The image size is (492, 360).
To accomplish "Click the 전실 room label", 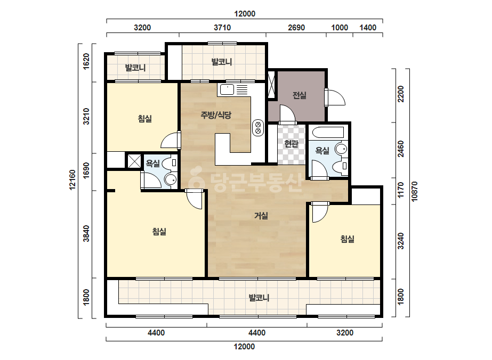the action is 300,95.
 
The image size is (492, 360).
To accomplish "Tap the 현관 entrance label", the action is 291,144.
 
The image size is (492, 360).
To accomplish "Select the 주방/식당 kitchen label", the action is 216,115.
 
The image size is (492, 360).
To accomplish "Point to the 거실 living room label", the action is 261,216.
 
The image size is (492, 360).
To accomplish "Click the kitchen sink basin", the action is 227,89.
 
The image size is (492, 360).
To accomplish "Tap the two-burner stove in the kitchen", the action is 258,128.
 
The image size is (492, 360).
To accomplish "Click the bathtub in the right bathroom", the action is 328,132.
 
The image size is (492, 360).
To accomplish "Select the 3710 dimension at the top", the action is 222,28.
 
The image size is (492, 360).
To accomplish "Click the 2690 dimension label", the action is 296,28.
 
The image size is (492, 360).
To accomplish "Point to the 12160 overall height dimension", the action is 72,179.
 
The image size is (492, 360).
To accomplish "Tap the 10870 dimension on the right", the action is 415,191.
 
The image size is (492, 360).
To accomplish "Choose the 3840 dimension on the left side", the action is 86,234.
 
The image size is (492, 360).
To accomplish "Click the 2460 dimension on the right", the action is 401,149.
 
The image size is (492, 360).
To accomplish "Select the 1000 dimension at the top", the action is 340,28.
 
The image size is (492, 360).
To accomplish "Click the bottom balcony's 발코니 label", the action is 259,298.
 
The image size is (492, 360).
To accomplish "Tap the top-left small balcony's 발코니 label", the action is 135,68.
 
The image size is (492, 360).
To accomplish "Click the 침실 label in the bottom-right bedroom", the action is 348,239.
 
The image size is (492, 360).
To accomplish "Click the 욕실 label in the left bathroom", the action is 153,163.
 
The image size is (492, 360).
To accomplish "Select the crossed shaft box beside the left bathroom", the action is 134,161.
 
